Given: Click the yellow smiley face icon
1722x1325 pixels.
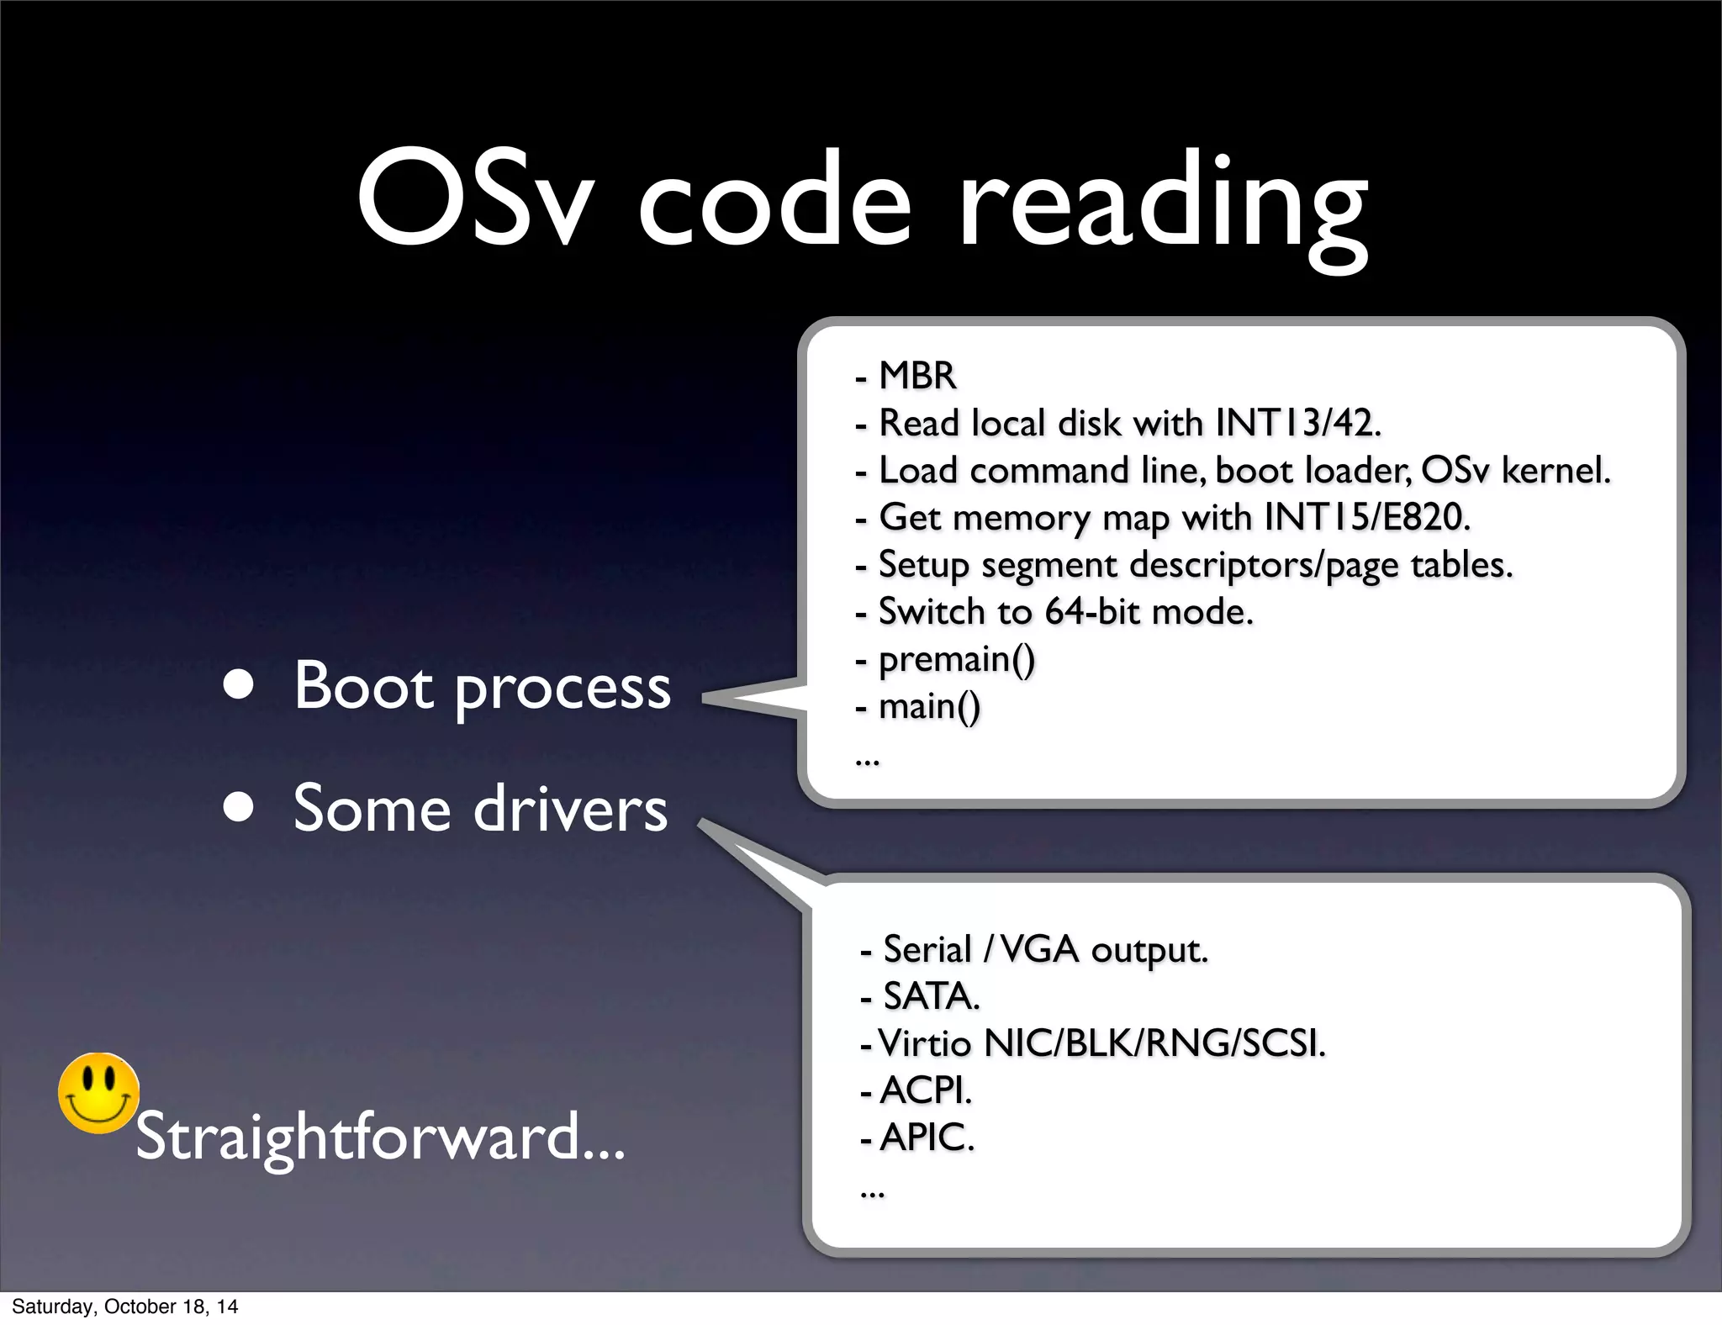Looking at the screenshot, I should pos(98,1093).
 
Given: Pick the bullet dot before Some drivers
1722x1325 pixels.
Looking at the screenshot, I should pos(239,808).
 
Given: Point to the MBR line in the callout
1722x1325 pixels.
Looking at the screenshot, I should pos(916,376).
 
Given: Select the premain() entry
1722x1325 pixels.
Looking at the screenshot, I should pos(956,659).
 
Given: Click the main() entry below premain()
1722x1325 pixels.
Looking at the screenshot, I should pos(929,706).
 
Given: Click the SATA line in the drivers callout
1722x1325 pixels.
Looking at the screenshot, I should pos(931,996).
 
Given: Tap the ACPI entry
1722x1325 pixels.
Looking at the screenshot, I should pos(925,1090).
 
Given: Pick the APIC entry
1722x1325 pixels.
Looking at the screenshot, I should pos(927,1138).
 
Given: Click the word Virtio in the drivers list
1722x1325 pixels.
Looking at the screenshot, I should pos(924,1043).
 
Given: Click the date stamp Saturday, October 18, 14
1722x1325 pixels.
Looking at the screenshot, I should pos(124,1307).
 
